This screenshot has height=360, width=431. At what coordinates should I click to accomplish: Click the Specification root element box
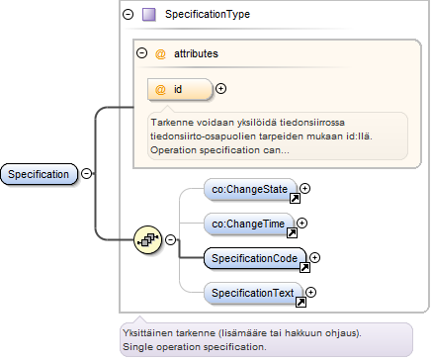click(x=39, y=174)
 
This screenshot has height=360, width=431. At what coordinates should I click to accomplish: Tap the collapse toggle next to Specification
click(x=87, y=173)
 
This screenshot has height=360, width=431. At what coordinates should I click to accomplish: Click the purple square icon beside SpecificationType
click(x=149, y=15)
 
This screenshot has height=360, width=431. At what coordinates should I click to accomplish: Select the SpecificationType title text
click(x=208, y=14)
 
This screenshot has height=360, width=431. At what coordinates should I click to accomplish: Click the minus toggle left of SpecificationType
click(x=129, y=14)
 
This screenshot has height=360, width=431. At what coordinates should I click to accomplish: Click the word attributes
click(x=196, y=53)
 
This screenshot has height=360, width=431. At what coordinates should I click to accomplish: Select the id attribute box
click(x=180, y=89)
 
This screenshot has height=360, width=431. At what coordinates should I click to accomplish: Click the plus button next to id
click(x=220, y=89)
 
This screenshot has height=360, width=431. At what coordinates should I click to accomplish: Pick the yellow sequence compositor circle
click(x=148, y=239)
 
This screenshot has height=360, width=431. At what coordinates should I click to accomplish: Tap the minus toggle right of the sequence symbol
click(x=170, y=239)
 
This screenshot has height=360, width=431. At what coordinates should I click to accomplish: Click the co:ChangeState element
click(x=250, y=189)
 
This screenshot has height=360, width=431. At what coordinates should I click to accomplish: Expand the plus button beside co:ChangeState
click(x=305, y=188)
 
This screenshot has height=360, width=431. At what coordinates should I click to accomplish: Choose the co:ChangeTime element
click(x=249, y=224)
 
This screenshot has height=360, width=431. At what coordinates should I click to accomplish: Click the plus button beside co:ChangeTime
click(x=302, y=224)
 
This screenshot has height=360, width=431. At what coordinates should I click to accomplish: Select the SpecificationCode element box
click(x=255, y=258)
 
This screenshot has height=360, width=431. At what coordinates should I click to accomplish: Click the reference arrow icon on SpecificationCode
click(x=304, y=267)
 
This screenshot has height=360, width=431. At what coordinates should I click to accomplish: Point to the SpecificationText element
click(x=253, y=293)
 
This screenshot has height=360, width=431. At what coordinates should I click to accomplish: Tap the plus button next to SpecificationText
click(x=310, y=292)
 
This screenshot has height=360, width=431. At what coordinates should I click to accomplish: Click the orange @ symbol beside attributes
click(x=160, y=53)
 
